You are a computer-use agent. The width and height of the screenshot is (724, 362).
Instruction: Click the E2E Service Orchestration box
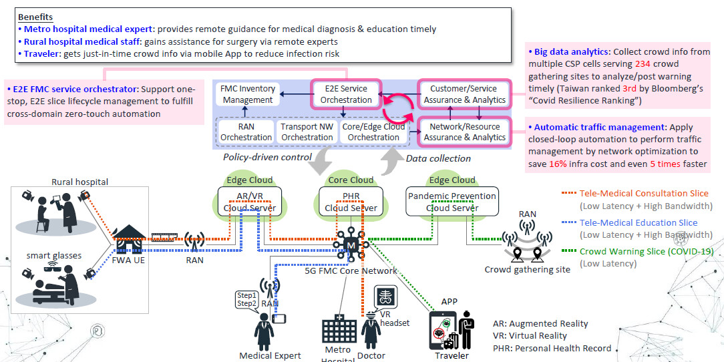coord(345,95)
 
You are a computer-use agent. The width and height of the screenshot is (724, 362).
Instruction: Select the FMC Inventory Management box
coord(247,95)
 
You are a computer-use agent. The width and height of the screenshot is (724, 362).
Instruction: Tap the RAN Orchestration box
coord(246,132)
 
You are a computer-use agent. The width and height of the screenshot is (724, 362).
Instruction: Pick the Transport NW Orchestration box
coord(307,132)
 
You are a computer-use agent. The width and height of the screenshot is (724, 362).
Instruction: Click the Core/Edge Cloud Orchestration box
coord(371,132)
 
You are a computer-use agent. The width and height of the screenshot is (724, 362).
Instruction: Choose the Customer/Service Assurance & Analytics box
coord(463,95)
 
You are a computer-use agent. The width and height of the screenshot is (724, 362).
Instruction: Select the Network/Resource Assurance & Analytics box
coord(463,132)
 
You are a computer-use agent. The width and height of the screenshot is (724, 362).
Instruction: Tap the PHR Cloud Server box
coord(351,202)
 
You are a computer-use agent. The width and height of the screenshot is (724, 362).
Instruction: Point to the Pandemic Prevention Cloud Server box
coord(452,202)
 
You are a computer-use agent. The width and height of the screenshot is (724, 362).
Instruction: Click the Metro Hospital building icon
coord(339,330)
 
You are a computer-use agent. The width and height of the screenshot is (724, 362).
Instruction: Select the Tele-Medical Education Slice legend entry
coord(638,223)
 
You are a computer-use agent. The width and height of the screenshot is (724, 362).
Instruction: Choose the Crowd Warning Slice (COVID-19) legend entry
coord(646,252)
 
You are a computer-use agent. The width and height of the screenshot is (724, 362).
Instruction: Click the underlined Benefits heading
coord(35,17)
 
